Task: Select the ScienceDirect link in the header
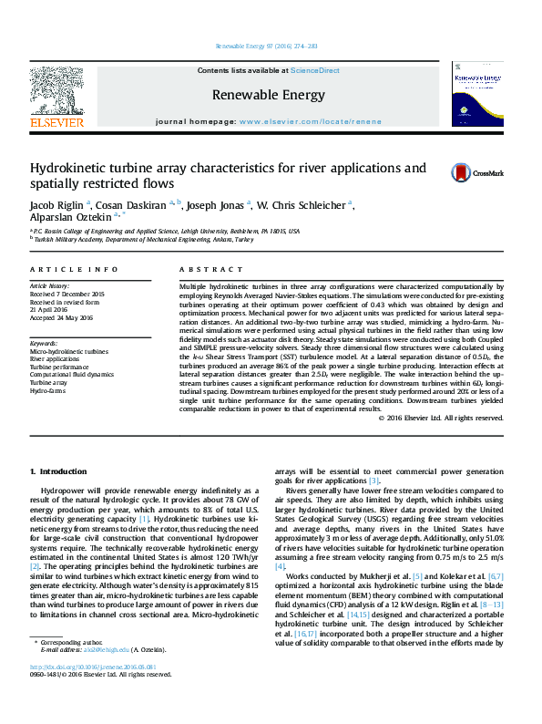(x=315, y=70)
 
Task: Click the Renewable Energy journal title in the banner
(x=268, y=95)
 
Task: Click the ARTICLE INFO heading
(x=74, y=270)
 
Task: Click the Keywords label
(x=46, y=343)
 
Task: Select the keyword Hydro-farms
(x=50, y=391)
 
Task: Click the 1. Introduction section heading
(x=58, y=471)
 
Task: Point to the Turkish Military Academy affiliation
(x=169, y=241)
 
